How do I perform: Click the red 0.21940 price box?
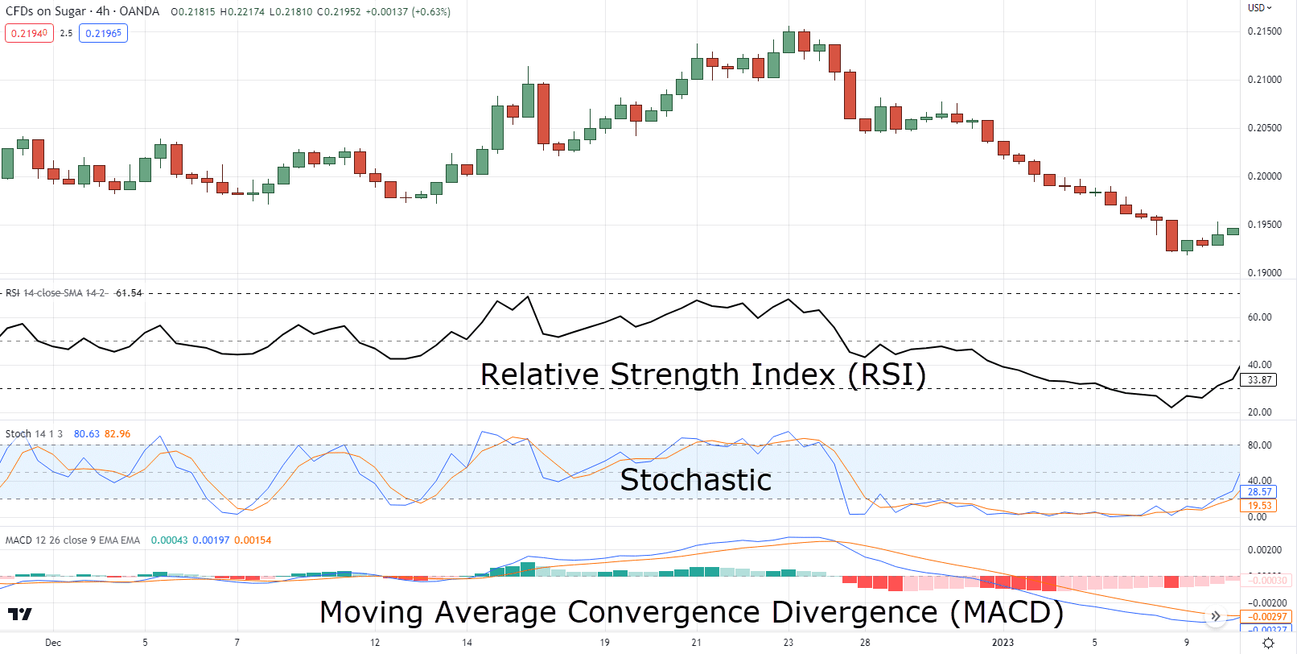[29, 34]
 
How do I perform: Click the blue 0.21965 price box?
[103, 34]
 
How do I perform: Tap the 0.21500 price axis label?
[1265, 31]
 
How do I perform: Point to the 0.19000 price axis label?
[1265, 273]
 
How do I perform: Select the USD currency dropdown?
[1259, 8]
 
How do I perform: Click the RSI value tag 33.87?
[1260, 380]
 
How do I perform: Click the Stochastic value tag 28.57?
[1260, 492]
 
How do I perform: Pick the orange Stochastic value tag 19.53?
[1260, 506]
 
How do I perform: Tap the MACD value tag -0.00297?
[1267, 617]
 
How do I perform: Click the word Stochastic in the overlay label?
[696, 480]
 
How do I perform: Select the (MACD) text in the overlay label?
[1007, 613]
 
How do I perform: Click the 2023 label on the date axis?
[1003, 643]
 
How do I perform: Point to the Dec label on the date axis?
[53, 643]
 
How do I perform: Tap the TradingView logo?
[20, 615]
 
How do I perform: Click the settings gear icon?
[1268, 643]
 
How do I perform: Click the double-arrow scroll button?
[1216, 616]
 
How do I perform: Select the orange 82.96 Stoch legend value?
[117, 434]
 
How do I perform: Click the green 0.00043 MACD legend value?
[169, 540]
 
